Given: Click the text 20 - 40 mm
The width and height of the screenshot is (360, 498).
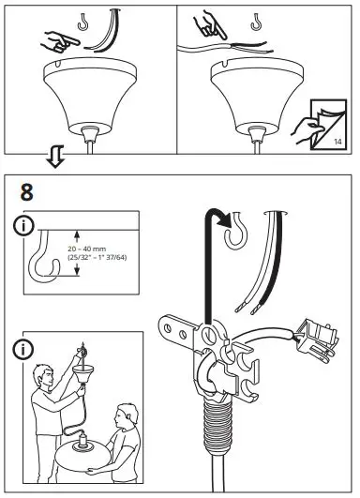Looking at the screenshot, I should [x=90, y=248].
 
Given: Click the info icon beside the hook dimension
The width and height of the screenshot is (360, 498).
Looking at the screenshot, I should [x=24, y=228].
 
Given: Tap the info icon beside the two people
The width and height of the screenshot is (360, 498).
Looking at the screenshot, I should [x=24, y=352].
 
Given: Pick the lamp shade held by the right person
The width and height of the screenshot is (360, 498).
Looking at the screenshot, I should [x=86, y=470].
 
